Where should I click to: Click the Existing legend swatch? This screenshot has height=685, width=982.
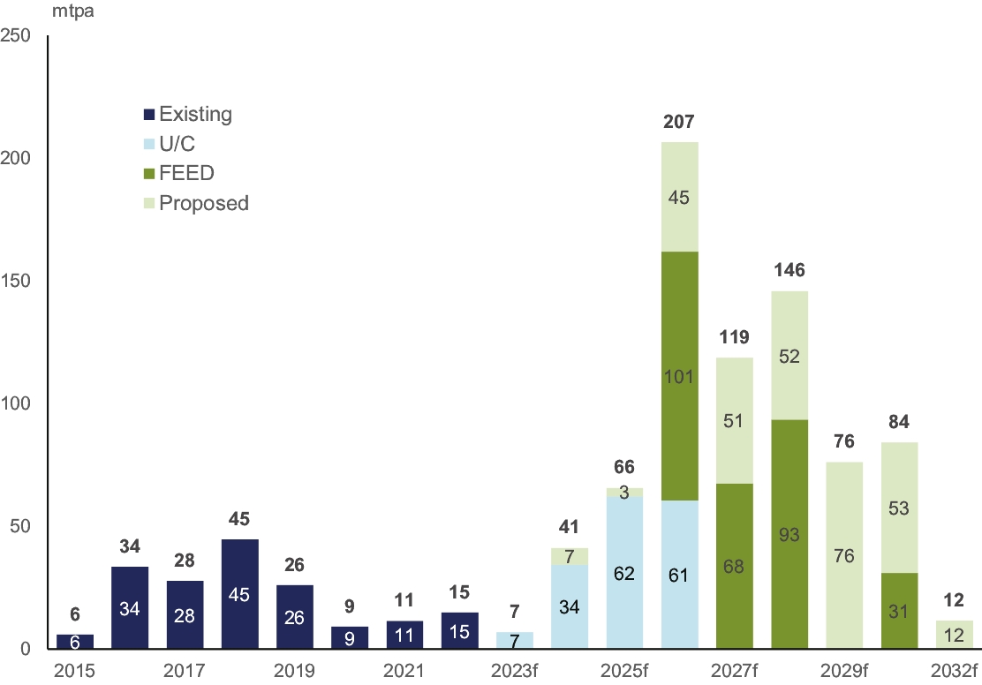click(x=149, y=114)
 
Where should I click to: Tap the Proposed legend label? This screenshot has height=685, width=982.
click(x=204, y=203)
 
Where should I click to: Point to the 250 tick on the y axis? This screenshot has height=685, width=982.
click(x=17, y=36)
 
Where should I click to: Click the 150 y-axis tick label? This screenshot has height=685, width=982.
click(x=17, y=282)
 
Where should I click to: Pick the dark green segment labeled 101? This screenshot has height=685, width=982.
click(x=680, y=375)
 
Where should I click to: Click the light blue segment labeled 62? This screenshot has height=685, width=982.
click(x=624, y=573)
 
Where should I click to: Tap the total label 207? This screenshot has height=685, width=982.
click(x=680, y=123)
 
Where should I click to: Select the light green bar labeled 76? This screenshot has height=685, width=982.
click(x=844, y=555)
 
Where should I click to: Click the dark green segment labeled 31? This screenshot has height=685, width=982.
click(x=899, y=611)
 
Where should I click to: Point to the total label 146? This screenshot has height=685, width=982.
click(x=789, y=271)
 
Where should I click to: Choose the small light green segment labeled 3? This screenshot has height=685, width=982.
click(x=624, y=493)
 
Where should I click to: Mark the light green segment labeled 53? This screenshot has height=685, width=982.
click(x=899, y=508)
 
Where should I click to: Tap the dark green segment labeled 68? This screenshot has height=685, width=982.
click(x=735, y=566)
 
